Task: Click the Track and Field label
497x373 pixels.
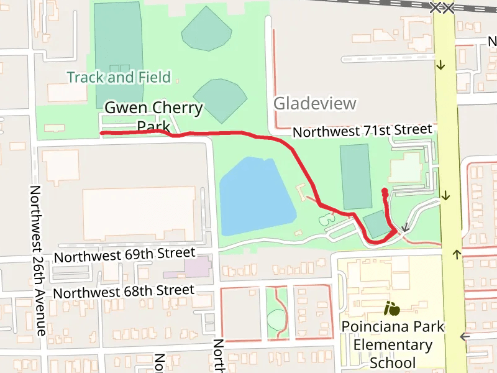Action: coord(118,77)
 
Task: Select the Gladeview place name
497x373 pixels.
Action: coord(315,103)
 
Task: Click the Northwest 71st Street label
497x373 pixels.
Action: coord(362,131)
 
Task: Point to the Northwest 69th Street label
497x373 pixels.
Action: coord(124,255)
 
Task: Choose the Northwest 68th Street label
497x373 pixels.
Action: coord(124,291)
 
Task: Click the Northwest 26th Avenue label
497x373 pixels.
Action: coord(38,260)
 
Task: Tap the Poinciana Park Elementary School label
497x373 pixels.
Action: coord(393,344)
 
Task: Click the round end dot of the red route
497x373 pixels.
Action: coord(385,191)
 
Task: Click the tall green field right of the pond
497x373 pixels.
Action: coord(355,176)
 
